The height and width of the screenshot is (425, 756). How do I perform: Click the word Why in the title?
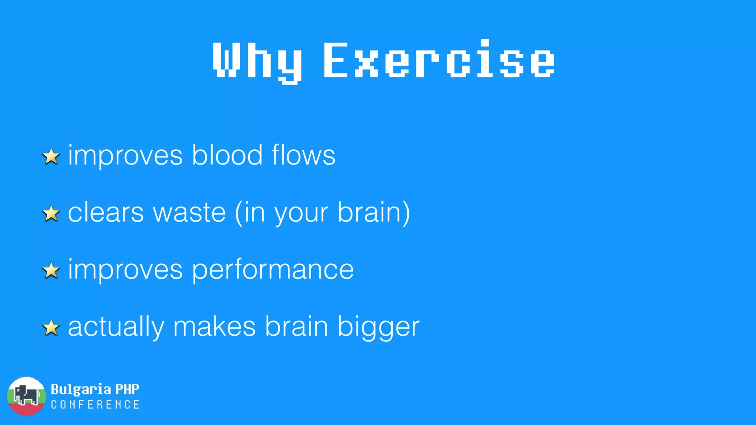pyautogui.click(x=257, y=61)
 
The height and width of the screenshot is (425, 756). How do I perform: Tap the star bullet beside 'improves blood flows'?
pyautogui.click(x=51, y=156)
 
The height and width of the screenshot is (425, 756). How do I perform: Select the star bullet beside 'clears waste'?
pyautogui.click(x=51, y=214)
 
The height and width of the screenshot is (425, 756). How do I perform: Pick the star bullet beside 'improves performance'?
pyautogui.click(x=51, y=271)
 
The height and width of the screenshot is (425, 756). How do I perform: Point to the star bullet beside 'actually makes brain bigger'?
pyautogui.click(x=51, y=328)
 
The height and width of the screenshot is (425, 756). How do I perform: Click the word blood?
pyautogui.click(x=227, y=155)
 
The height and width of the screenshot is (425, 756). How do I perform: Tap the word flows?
pyautogui.click(x=303, y=155)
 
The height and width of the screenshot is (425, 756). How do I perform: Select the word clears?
pyautogui.click(x=106, y=213)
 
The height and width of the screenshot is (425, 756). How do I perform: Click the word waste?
pyautogui.click(x=189, y=213)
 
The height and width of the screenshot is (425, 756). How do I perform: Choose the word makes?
pyautogui.click(x=214, y=327)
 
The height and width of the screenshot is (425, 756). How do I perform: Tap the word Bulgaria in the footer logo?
pyautogui.click(x=81, y=389)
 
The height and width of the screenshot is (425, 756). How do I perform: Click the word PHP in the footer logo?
pyautogui.click(x=127, y=389)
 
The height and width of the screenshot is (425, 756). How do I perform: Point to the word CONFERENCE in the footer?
pyautogui.click(x=95, y=405)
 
